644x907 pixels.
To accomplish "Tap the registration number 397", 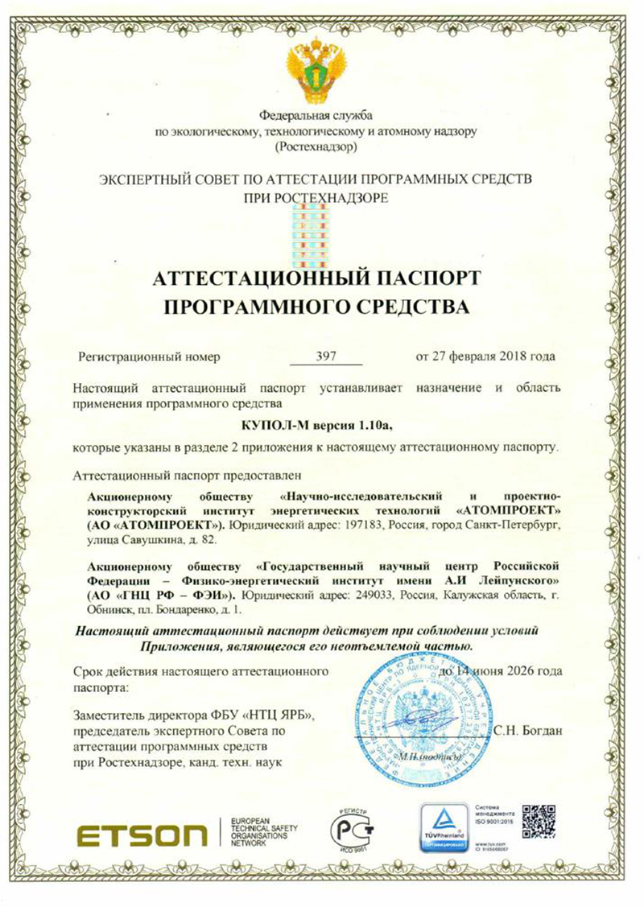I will click(326, 355).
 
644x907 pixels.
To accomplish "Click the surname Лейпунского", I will click(507, 579).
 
